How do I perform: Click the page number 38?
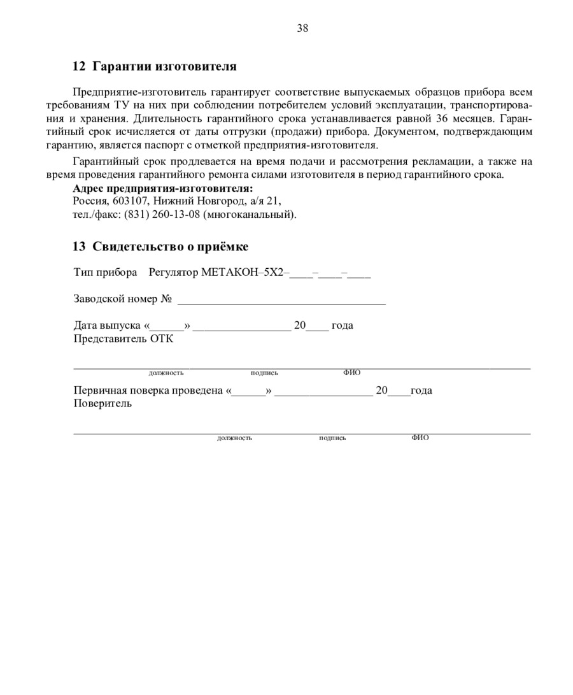tap(302, 28)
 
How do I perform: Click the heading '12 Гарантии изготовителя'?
tap(155, 66)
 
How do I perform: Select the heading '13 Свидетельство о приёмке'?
tap(160, 247)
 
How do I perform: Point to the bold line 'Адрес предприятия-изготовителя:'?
tap(163, 189)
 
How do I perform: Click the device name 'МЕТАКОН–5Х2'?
tap(244, 273)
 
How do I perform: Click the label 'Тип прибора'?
tap(105, 273)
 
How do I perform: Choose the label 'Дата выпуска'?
tap(107, 326)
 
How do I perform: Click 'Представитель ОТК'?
tap(124, 339)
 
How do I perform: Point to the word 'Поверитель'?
tap(103, 404)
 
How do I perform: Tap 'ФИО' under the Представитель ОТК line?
tap(351, 373)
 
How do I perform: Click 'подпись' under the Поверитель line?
tap(332, 438)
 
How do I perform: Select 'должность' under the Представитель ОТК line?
tap(166, 373)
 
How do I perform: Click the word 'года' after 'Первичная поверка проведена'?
tap(421, 390)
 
